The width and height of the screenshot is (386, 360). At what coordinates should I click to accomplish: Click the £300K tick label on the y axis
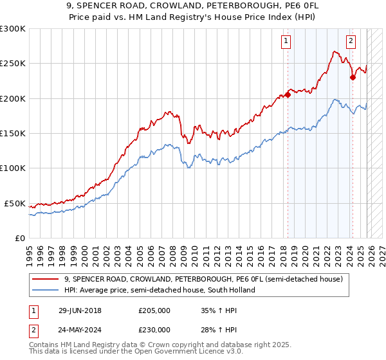pyautogui.click(x=13, y=29)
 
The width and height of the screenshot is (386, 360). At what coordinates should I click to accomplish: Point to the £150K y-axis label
pyautogui.click(x=13, y=134)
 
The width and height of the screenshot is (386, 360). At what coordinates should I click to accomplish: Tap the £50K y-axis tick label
pyautogui.click(x=15, y=203)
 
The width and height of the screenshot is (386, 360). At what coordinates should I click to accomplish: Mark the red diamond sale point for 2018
pyautogui.click(x=288, y=95)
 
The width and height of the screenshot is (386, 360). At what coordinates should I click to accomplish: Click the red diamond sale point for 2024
pyautogui.click(x=353, y=78)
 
